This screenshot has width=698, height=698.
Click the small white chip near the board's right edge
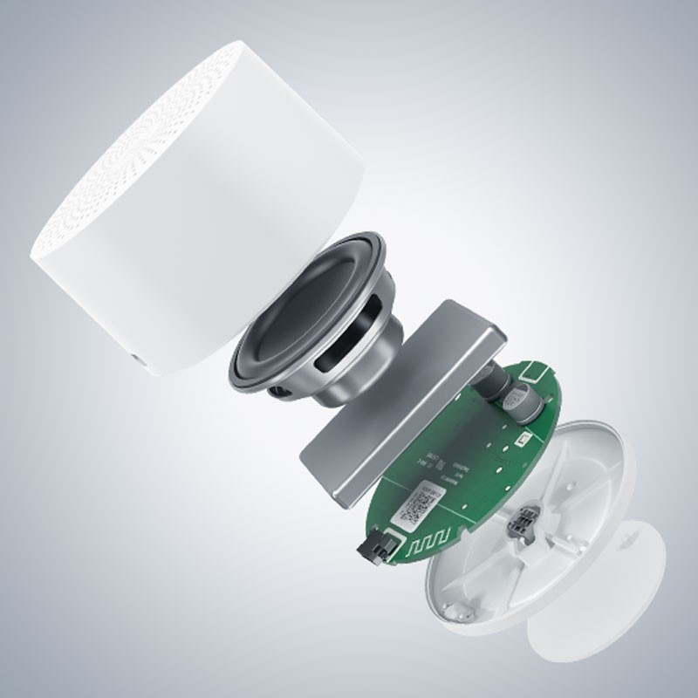click(526, 442)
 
